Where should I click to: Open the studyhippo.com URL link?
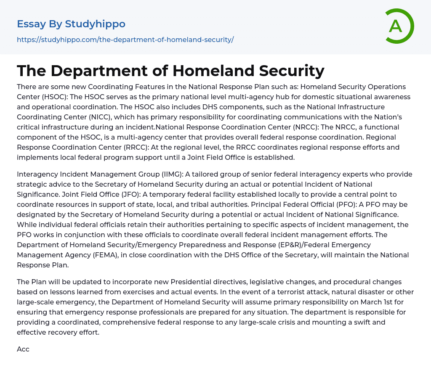pos(125,40)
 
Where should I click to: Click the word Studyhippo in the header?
pos(95,24)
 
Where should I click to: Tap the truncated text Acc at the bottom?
pos(23,349)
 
